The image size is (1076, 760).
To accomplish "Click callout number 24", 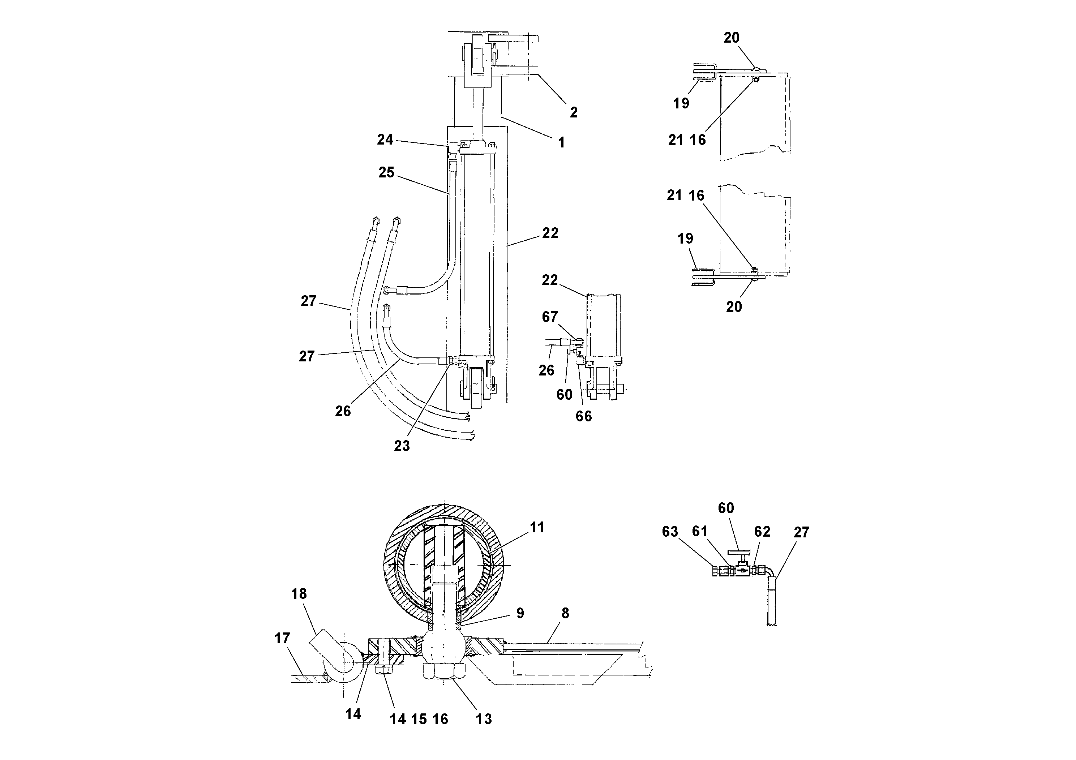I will (x=385, y=139).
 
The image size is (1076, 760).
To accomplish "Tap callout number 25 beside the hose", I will (x=386, y=172).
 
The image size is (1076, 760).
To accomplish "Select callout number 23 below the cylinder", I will (x=402, y=446).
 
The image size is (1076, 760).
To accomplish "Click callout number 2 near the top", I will (x=574, y=112).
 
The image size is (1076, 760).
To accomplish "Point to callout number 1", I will (x=561, y=142).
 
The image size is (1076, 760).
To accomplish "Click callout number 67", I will (x=550, y=317).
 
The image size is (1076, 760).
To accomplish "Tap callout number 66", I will (x=583, y=416).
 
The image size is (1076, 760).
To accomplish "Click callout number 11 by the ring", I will (x=537, y=528).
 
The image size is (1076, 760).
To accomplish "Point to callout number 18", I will (x=299, y=594).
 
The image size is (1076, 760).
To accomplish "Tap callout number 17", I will (x=282, y=638).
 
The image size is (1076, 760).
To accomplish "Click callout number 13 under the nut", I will (x=484, y=719).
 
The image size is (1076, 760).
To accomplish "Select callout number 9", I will (x=520, y=613).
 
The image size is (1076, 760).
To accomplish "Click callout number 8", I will (x=565, y=613).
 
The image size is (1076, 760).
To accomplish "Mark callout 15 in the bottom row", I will (x=419, y=719).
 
